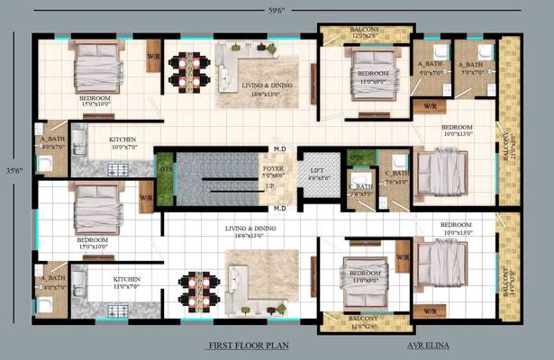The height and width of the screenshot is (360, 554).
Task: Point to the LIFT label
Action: click(x=316, y=170)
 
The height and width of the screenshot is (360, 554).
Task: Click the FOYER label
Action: click(x=273, y=171)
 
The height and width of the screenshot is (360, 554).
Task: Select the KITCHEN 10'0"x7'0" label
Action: click(x=123, y=144)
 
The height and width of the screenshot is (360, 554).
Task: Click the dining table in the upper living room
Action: click(x=191, y=71)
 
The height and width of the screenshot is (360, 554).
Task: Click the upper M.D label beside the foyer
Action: click(x=279, y=148)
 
